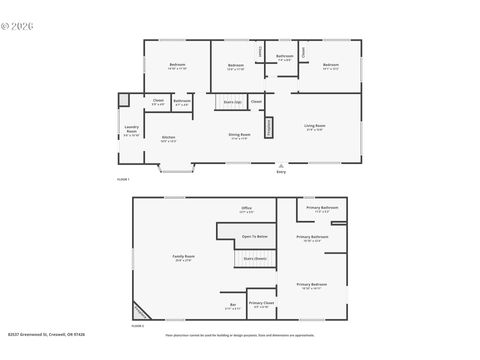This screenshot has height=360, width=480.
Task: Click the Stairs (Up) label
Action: (x=232, y=101)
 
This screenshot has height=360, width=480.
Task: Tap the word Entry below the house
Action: (x=281, y=173)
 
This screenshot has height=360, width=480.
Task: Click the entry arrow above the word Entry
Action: (x=281, y=165)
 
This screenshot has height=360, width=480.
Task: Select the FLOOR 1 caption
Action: (x=124, y=177)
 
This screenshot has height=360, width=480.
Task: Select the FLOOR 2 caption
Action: (x=138, y=325)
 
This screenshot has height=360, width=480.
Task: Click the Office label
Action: (x=246, y=208)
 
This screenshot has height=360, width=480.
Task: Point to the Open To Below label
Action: (x=254, y=236)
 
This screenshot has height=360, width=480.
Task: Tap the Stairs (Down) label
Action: (x=254, y=257)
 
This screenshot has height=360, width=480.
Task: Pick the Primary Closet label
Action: (x=261, y=302)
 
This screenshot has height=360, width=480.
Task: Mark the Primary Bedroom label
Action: (x=311, y=285)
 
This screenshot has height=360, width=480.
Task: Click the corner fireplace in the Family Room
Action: (x=140, y=311)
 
